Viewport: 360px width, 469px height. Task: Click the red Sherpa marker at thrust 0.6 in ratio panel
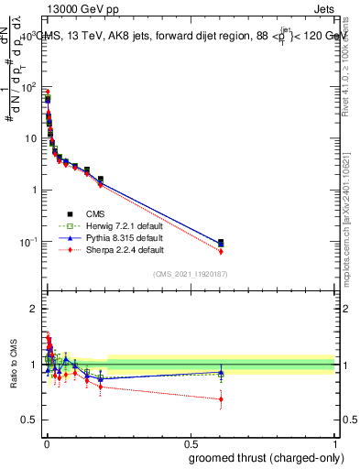pyautogui.click(x=221, y=398)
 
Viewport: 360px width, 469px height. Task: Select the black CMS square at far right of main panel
pyautogui.click(x=221, y=242)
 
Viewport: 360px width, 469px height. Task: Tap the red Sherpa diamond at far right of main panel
pyautogui.click(x=221, y=251)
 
